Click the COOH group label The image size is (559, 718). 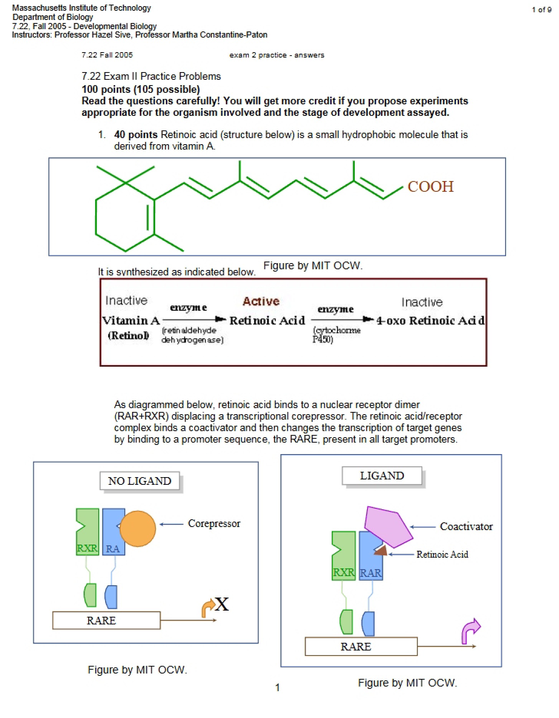tap(430, 187)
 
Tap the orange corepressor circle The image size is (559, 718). tap(138, 529)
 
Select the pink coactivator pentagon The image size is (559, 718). tap(388, 527)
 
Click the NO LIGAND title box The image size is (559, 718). tap(140, 481)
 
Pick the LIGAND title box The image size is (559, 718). tap(382, 476)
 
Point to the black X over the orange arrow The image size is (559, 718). tap(222, 604)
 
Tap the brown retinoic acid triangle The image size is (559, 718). tap(381, 551)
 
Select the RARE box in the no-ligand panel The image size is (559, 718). tap(106, 621)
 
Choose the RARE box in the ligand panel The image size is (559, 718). tap(361, 647)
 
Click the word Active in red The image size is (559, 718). tap(261, 301)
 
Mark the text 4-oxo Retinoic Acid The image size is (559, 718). tap(430, 320)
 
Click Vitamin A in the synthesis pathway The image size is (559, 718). tap(131, 320)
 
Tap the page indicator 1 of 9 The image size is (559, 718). tap(541, 10)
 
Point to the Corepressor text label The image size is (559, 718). tap(214, 524)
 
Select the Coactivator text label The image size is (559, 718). tap(466, 526)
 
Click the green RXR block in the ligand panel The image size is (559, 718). tap(344, 556)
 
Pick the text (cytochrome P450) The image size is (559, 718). tap(337, 335)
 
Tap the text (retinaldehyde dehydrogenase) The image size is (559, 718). tap(192, 335)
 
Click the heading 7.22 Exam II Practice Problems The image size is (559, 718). tap(151, 76)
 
